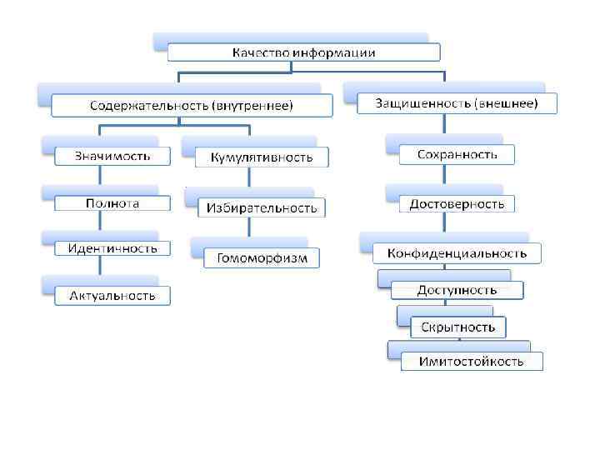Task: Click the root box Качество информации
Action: point(303,52)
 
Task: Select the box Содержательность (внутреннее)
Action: point(192,106)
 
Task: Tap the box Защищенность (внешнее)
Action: point(457,104)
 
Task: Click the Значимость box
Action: point(112,155)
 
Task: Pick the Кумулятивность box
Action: point(262,157)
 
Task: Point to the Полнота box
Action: point(112,203)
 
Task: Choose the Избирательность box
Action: point(261,207)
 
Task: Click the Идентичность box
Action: point(112,248)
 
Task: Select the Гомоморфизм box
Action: point(262,257)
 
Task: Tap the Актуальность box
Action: point(112,295)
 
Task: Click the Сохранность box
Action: point(458,154)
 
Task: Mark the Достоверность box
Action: point(457,203)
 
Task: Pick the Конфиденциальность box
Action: point(457,252)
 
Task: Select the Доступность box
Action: point(457,290)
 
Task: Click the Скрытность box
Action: point(457,326)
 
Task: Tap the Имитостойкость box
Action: point(471,361)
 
